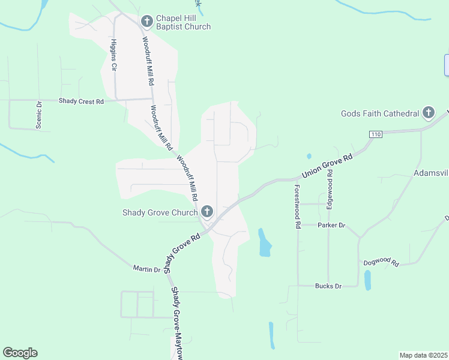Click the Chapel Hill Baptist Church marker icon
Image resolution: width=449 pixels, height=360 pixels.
pyautogui.click(x=146, y=22)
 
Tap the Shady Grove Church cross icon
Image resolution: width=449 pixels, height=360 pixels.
pyautogui.click(x=207, y=211)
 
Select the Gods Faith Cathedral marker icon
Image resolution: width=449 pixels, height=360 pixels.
pyautogui.click(x=428, y=113)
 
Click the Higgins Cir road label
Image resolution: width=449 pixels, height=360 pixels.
pyautogui.click(x=113, y=56)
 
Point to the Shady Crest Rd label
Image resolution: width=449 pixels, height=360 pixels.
pyautogui.click(x=81, y=101)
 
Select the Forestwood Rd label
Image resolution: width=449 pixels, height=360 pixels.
pyautogui.click(x=297, y=206)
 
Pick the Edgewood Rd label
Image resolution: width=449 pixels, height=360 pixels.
pyautogui.click(x=329, y=188)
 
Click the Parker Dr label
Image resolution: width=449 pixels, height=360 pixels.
pyautogui.click(x=331, y=225)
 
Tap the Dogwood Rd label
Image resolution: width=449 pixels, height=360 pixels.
pyautogui.click(x=381, y=262)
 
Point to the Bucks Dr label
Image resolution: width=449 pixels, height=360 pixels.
pyautogui.click(x=328, y=286)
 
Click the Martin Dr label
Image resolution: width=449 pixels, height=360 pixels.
pyautogui.click(x=147, y=270)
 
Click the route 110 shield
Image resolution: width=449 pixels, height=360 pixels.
pyautogui.click(x=376, y=134)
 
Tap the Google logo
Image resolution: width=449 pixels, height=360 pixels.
pyautogui.click(x=20, y=353)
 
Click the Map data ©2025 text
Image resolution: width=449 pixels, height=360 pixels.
pyautogui.click(x=423, y=355)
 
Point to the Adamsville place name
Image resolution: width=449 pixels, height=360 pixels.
pyautogui.click(x=431, y=173)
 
